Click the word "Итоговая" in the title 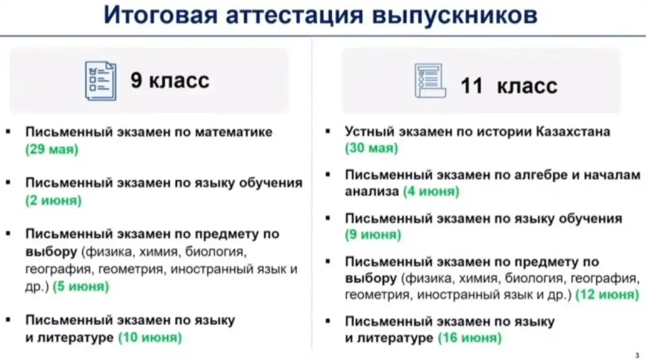tap(160, 15)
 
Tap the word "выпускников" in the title tap(455, 15)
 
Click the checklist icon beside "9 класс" tap(101, 81)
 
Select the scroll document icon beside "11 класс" tap(430, 81)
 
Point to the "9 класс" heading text tap(170, 80)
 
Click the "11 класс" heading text tap(509, 86)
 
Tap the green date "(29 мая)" tap(52, 149)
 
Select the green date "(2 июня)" tap(54, 200)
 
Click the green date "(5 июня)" tap(81, 286)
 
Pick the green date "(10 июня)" tap(150, 337)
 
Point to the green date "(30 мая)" tap(372, 148)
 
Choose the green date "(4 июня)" tap(431, 191)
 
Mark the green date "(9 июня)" tap(373, 234)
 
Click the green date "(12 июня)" tap(607, 294)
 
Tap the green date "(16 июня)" tap(470, 337)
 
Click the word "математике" tap(234, 132)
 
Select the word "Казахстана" tap(573, 131)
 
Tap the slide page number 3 tap(637, 355)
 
